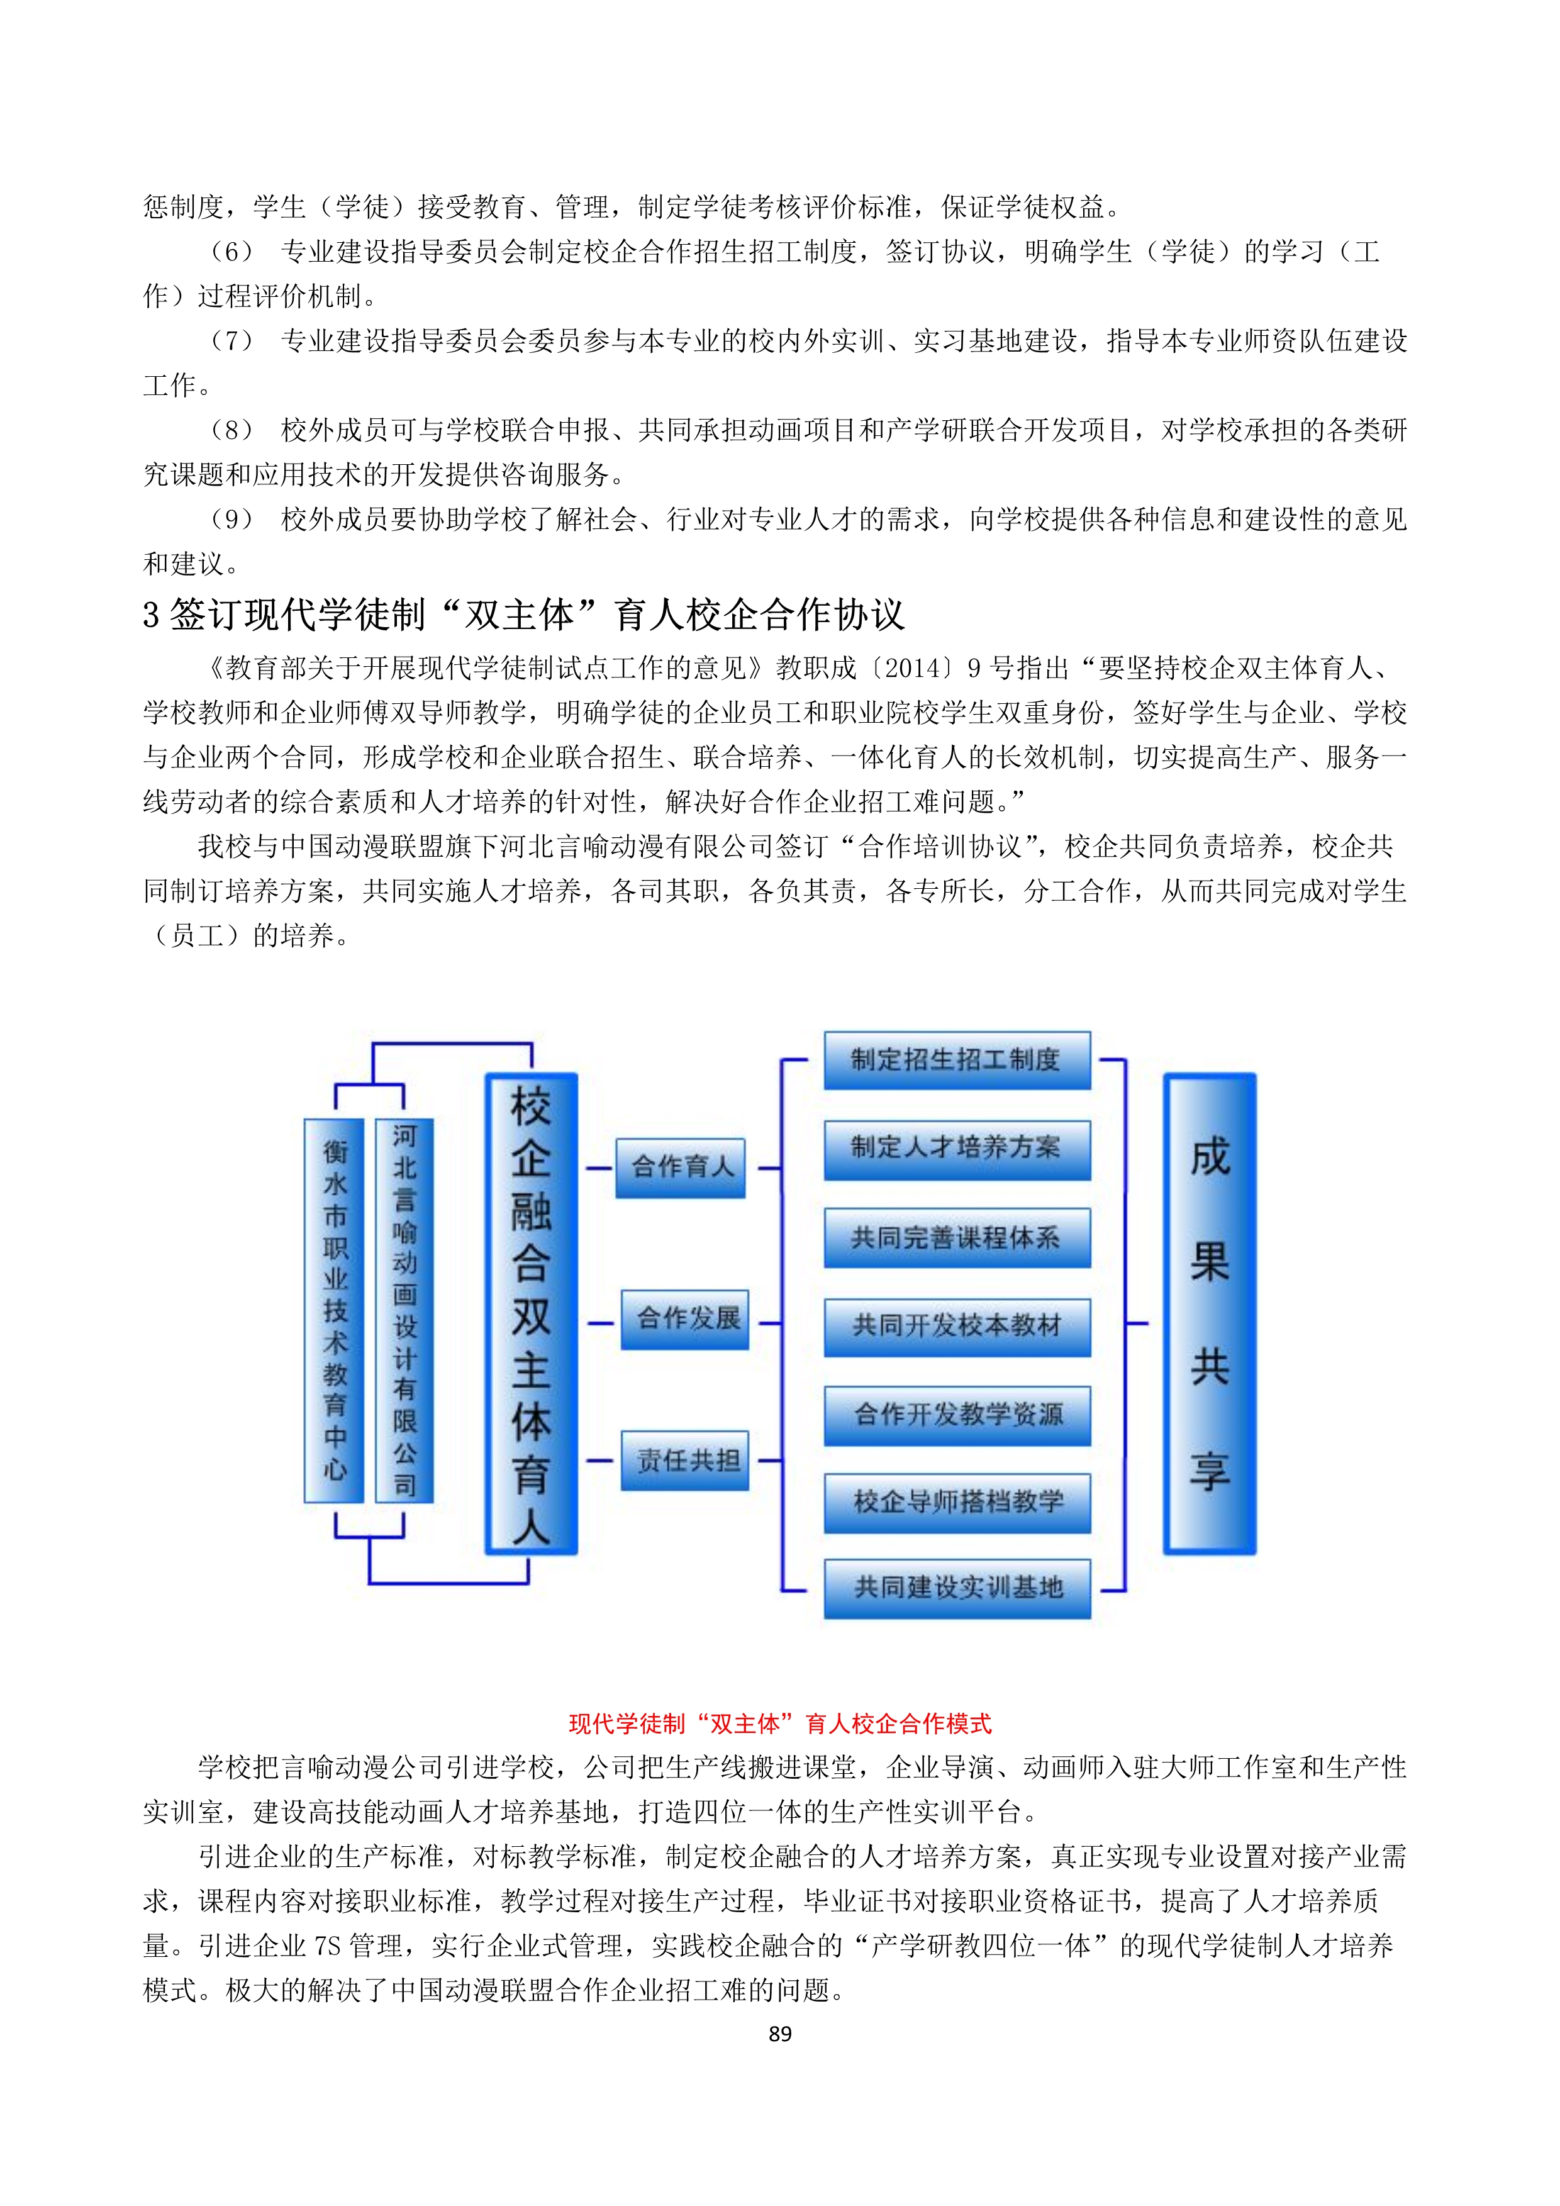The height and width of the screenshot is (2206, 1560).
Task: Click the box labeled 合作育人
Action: (x=680, y=1167)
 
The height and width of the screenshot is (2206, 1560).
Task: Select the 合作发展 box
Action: (x=685, y=1319)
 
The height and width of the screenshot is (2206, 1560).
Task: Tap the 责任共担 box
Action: (x=685, y=1461)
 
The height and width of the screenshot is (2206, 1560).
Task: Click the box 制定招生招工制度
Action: (x=957, y=1060)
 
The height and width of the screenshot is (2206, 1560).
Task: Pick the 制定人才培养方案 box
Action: (x=957, y=1149)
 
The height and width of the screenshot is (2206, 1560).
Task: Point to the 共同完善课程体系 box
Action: (x=957, y=1237)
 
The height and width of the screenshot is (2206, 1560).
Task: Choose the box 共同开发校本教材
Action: (x=957, y=1327)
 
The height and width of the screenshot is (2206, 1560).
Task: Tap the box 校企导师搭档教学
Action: (x=957, y=1503)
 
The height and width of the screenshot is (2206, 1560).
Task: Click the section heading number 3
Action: (x=151, y=615)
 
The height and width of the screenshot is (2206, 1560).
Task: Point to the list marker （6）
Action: (x=231, y=252)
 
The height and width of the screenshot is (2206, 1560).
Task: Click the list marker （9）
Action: (x=231, y=520)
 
